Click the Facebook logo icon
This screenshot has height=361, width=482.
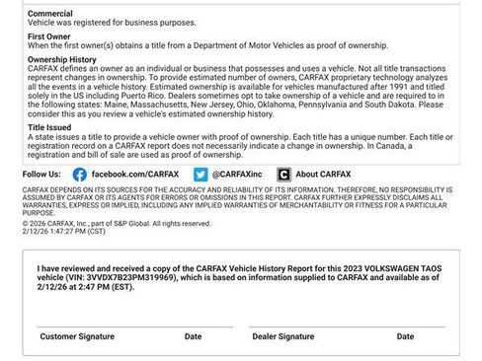pyautogui.click(x=80, y=174)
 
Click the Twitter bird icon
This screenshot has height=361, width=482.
pyautogui.click(x=201, y=174)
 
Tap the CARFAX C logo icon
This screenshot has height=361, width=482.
pyautogui.click(x=283, y=174)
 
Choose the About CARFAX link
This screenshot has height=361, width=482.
pyautogui.click(x=326, y=174)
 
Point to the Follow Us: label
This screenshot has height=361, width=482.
pyautogui.click(x=41, y=174)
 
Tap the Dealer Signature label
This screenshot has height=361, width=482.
pyautogui.click(x=283, y=336)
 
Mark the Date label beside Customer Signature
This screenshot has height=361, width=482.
pyautogui.click(x=193, y=336)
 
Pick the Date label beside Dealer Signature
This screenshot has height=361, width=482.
pyautogui.click(x=405, y=336)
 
